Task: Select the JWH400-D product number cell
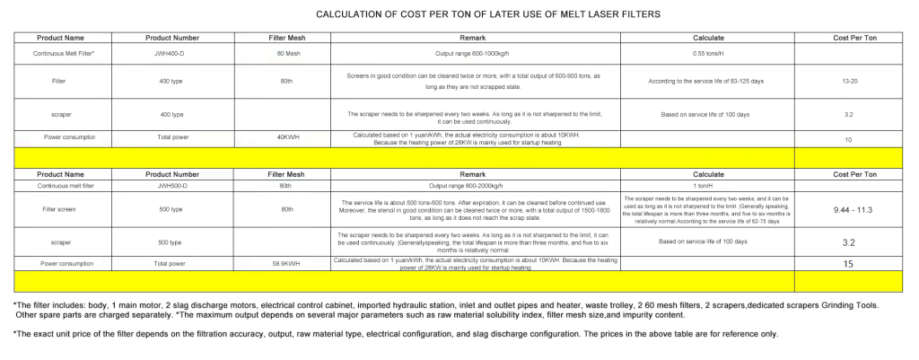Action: (x=172, y=54)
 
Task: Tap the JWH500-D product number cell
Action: (x=172, y=186)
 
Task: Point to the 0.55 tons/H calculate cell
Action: (x=708, y=54)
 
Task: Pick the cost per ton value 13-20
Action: (x=848, y=81)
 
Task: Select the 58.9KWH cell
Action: (x=288, y=264)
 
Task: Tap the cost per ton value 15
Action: (x=848, y=264)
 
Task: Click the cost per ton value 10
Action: (x=848, y=140)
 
